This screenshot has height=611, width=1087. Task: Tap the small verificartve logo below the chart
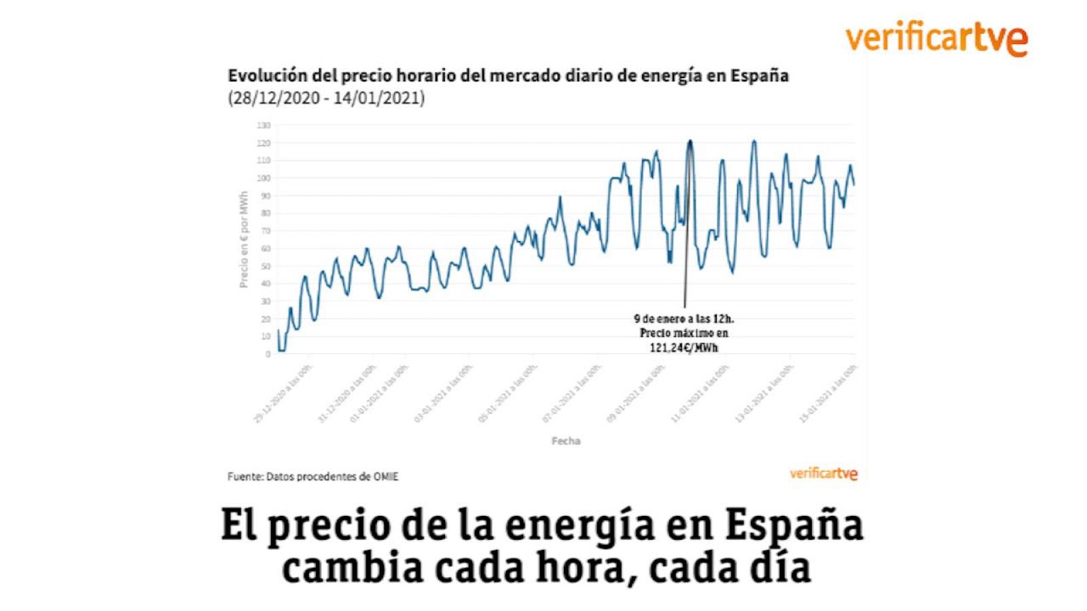click(x=823, y=473)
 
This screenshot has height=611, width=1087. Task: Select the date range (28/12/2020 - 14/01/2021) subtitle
click(x=326, y=98)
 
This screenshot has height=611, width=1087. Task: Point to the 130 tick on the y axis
click(x=264, y=126)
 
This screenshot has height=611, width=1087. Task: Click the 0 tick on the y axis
click(x=268, y=354)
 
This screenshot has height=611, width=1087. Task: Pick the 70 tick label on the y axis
click(x=265, y=231)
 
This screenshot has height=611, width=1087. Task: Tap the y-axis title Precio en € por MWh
click(x=243, y=239)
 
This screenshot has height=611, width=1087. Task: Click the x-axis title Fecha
click(x=565, y=441)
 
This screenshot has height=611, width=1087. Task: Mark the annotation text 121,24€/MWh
click(x=684, y=348)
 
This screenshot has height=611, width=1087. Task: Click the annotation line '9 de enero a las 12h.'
click(x=684, y=318)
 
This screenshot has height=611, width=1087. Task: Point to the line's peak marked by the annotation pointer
click(x=690, y=141)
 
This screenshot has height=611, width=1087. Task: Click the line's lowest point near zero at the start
click(x=281, y=350)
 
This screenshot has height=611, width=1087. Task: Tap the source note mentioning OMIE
click(x=313, y=477)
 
